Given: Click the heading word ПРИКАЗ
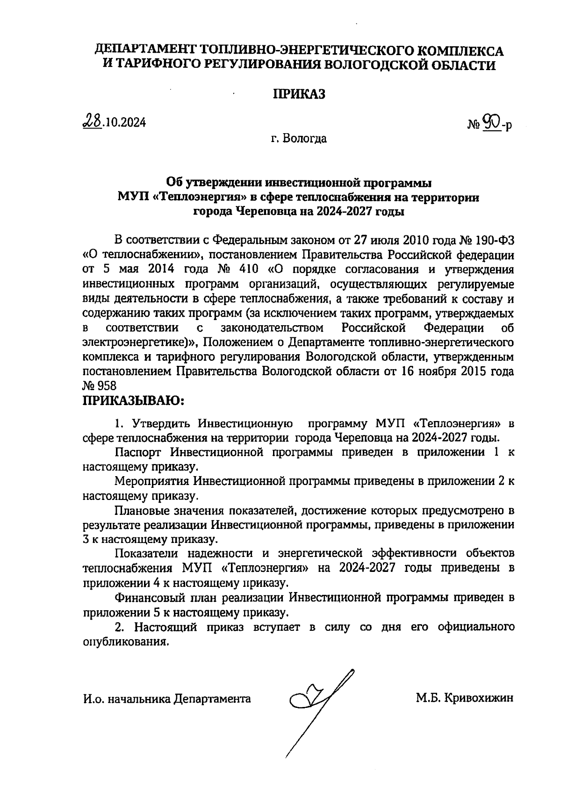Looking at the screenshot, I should click(x=299, y=94).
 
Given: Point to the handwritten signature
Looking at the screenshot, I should click(x=318, y=701).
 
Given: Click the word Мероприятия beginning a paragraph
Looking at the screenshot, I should click(x=152, y=481).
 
